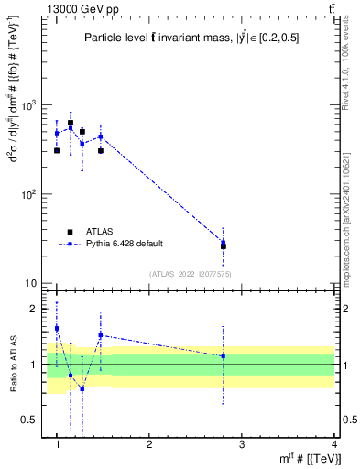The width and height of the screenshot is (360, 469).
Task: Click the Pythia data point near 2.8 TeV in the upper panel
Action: click(224, 243)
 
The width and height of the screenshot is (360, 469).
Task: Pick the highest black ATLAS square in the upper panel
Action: click(71, 123)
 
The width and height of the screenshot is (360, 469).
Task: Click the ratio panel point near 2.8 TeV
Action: click(224, 356)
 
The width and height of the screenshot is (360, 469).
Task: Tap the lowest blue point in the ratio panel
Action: click(82, 388)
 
